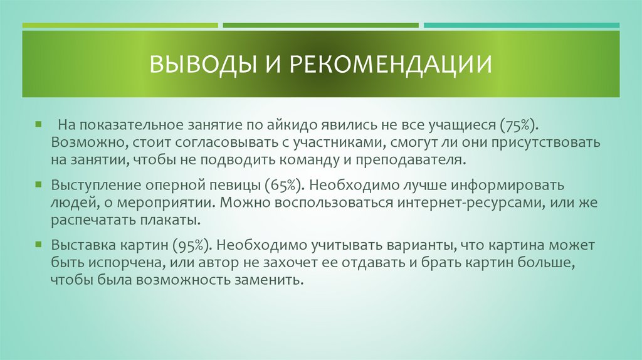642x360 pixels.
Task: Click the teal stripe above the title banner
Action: click(x=521, y=26)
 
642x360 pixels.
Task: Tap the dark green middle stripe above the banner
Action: click(x=320, y=26)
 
